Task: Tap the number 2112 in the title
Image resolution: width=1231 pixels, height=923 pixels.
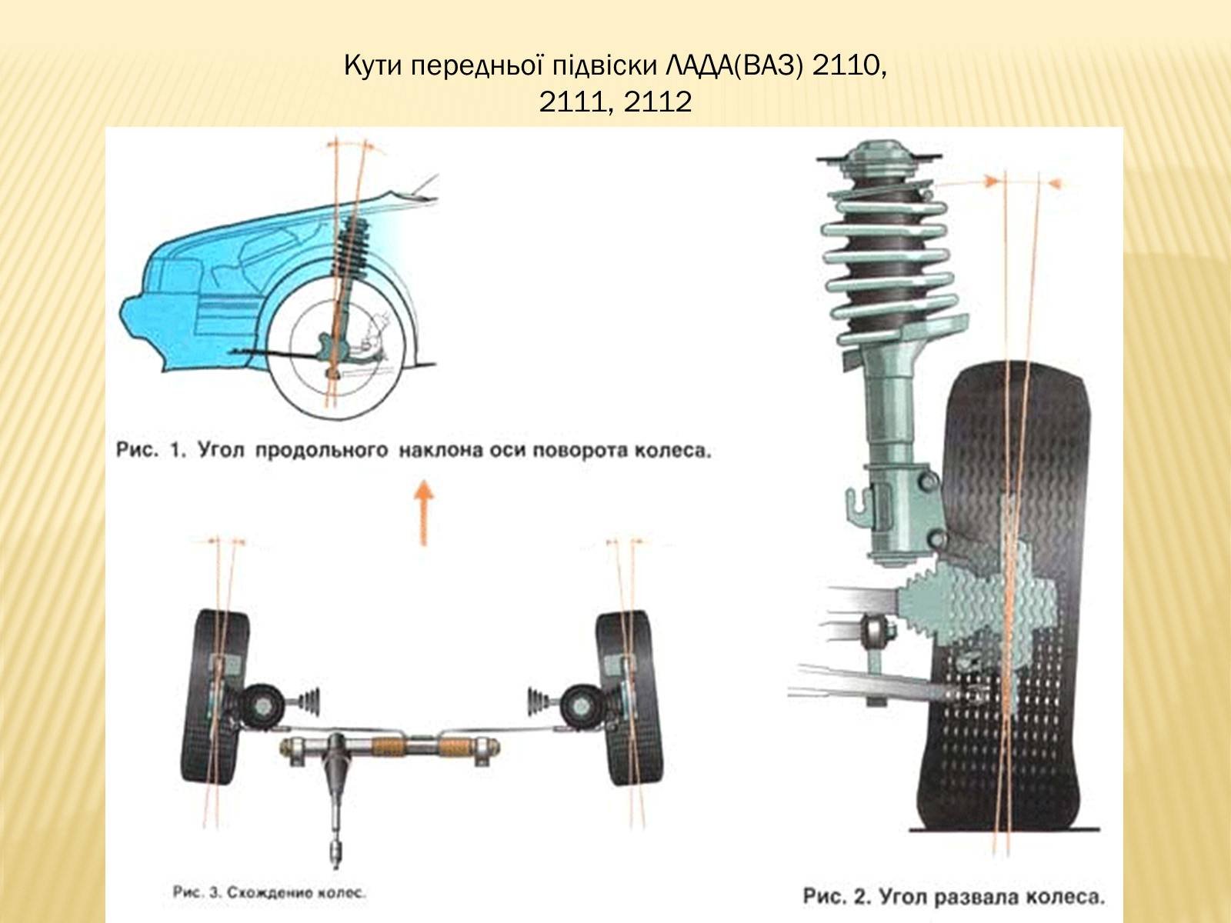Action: tap(657, 102)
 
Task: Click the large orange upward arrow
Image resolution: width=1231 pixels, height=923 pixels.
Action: tap(423, 512)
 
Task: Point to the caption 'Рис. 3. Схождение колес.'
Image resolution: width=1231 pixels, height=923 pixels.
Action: tap(269, 891)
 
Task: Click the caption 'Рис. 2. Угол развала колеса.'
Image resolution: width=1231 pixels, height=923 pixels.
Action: tap(954, 896)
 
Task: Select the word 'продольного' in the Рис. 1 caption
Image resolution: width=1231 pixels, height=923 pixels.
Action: tap(322, 450)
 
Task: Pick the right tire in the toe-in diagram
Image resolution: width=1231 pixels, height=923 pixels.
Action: tap(629, 697)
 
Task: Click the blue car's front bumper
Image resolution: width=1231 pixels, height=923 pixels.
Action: tap(143, 331)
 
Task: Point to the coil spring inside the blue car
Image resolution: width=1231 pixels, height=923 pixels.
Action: tap(352, 247)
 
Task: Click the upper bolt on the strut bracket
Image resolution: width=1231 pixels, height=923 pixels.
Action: tap(928, 480)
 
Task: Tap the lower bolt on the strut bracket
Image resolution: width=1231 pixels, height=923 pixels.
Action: tap(936, 539)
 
